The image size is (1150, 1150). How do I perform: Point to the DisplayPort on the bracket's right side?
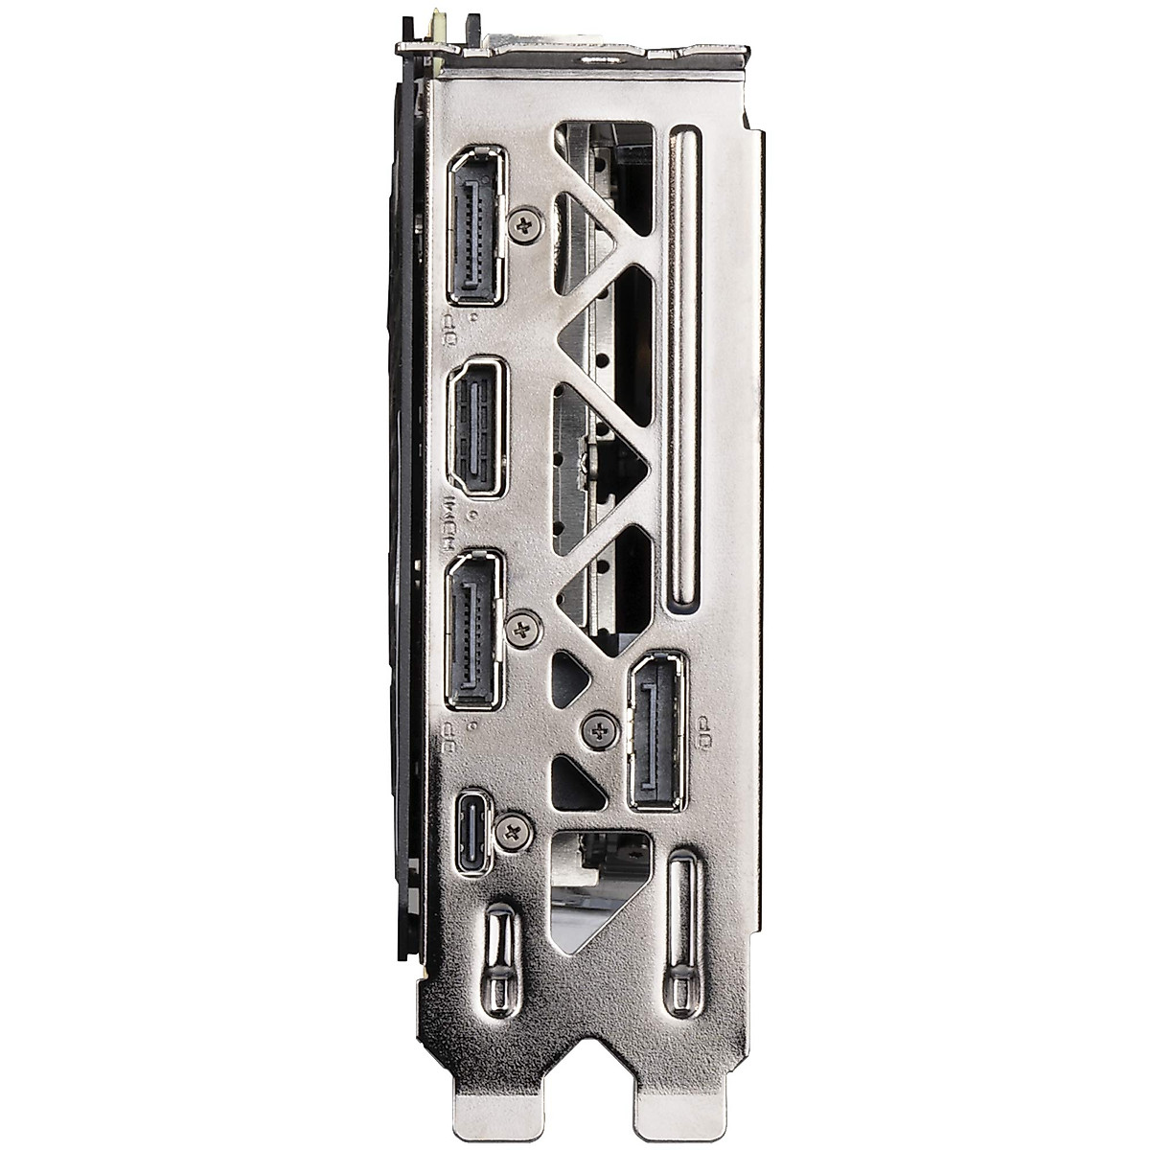[658, 732]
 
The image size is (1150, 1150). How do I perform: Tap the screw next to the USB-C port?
[516, 830]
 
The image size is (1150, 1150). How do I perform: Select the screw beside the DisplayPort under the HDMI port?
[523, 630]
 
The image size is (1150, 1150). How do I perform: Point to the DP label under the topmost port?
[447, 328]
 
